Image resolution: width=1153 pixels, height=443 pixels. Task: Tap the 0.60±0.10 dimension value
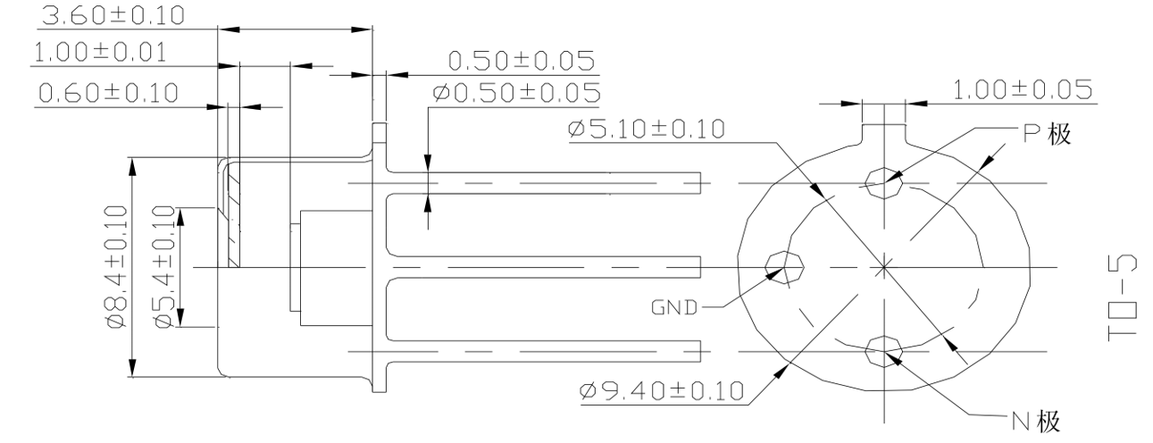click(x=105, y=92)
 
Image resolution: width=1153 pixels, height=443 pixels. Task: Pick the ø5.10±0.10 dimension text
click(x=646, y=130)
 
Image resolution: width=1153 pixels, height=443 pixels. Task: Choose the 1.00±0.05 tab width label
click(x=1022, y=90)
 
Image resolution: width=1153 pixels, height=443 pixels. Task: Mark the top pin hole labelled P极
click(x=883, y=181)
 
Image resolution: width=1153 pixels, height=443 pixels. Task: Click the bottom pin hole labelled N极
click(x=882, y=349)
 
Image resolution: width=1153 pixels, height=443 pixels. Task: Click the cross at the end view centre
click(x=882, y=266)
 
